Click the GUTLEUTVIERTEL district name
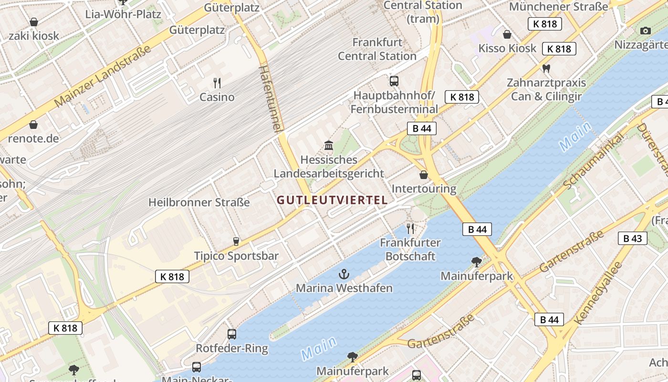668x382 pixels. tap(332, 201)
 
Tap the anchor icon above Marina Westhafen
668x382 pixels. tap(344, 274)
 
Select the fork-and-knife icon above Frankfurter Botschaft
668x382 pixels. tap(410, 229)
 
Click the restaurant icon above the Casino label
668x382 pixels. tap(217, 83)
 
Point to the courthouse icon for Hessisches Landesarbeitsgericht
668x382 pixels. tap(329, 145)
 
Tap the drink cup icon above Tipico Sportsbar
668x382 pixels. tap(236, 242)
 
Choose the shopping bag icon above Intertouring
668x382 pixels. tap(423, 175)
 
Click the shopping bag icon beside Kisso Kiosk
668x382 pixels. tap(507, 34)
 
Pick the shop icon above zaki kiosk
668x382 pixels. tap(33, 22)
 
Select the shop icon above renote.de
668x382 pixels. tap(33, 125)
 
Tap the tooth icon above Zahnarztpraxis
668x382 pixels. tap(546, 69)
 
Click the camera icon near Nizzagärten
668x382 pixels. tap(645, 31)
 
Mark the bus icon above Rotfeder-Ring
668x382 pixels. tap(232, 334)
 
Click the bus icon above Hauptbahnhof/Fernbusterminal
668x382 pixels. tap(394, 81)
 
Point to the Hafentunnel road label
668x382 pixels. tap(270, 98)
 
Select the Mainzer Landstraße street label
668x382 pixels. tap(103, 76)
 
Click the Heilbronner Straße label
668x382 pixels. tap(199, 202)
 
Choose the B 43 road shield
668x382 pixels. tap(633, 238)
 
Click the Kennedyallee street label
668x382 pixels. tap(600, 293)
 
